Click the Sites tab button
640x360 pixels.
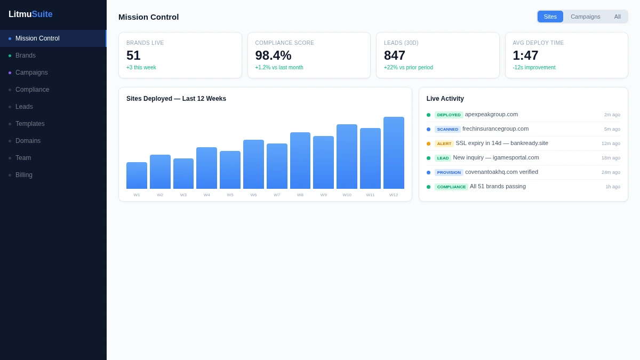point(550,17)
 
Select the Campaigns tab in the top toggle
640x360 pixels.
point(586,17)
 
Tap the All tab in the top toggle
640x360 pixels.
point(617,17)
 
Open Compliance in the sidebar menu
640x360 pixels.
point(33,90)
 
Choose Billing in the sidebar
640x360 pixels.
point(23,175)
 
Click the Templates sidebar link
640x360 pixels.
point(30,124)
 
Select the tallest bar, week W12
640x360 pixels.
point(394,153)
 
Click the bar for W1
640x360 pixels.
point(137,175)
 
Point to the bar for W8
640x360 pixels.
point(300,161)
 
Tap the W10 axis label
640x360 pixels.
point(347,195)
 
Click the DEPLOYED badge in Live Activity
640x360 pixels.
point(449,115)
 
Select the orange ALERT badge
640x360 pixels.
point(444,143)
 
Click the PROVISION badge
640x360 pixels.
point(449,172)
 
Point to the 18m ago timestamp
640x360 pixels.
point(611,158)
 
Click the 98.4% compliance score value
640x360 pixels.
point(273,55)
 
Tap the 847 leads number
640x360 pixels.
point(395,55)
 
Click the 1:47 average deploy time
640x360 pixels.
point(525,55)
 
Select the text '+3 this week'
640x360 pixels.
point(141,67)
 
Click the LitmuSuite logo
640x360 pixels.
point(30,14)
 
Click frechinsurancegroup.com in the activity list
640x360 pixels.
point(495,129)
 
